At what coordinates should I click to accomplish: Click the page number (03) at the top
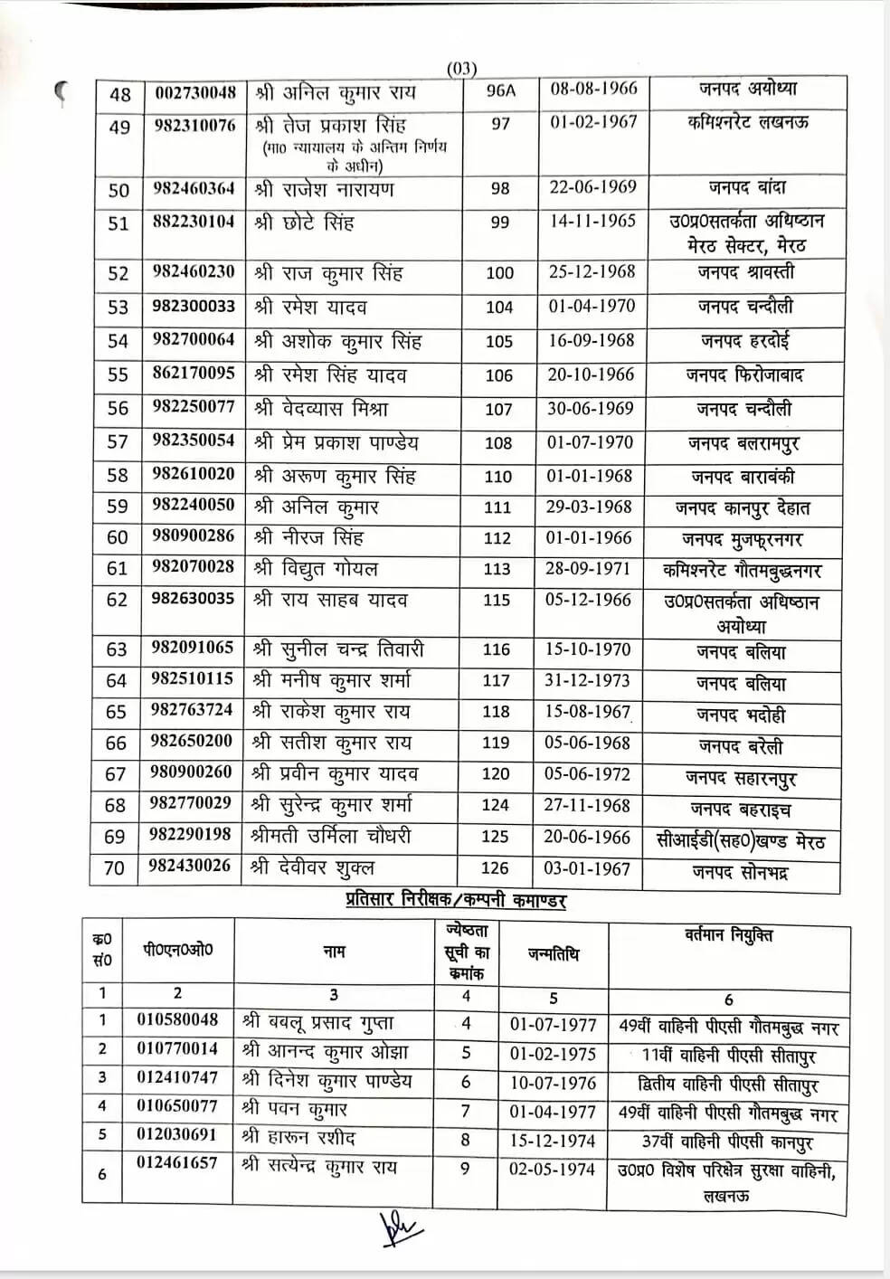tap(461, 69)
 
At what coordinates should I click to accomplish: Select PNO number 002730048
tap(195, 93)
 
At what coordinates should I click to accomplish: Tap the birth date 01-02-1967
tap(593, 122)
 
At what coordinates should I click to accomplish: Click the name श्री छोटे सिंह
tap(304, 223)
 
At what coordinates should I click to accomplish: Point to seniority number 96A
tap(500, 92)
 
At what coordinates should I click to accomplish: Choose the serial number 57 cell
tap(118, 442)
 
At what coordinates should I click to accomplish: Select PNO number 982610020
tap(194, 475)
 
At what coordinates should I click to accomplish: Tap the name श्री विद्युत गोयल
tap(317, 569)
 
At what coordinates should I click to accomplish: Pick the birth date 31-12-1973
tap(588, 681)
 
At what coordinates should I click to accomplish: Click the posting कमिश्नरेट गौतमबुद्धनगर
tap(741, 571)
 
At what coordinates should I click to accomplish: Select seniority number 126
tap(495, 868)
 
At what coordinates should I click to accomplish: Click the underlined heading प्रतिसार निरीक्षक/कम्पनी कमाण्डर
tap(456, 901)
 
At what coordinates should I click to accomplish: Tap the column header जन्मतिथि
tap(554, 953)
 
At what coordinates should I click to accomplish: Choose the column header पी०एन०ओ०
tap(178, 950)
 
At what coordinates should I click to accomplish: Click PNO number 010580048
tap(178, 1019)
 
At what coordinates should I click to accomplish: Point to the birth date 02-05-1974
tap(552, 1169)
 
